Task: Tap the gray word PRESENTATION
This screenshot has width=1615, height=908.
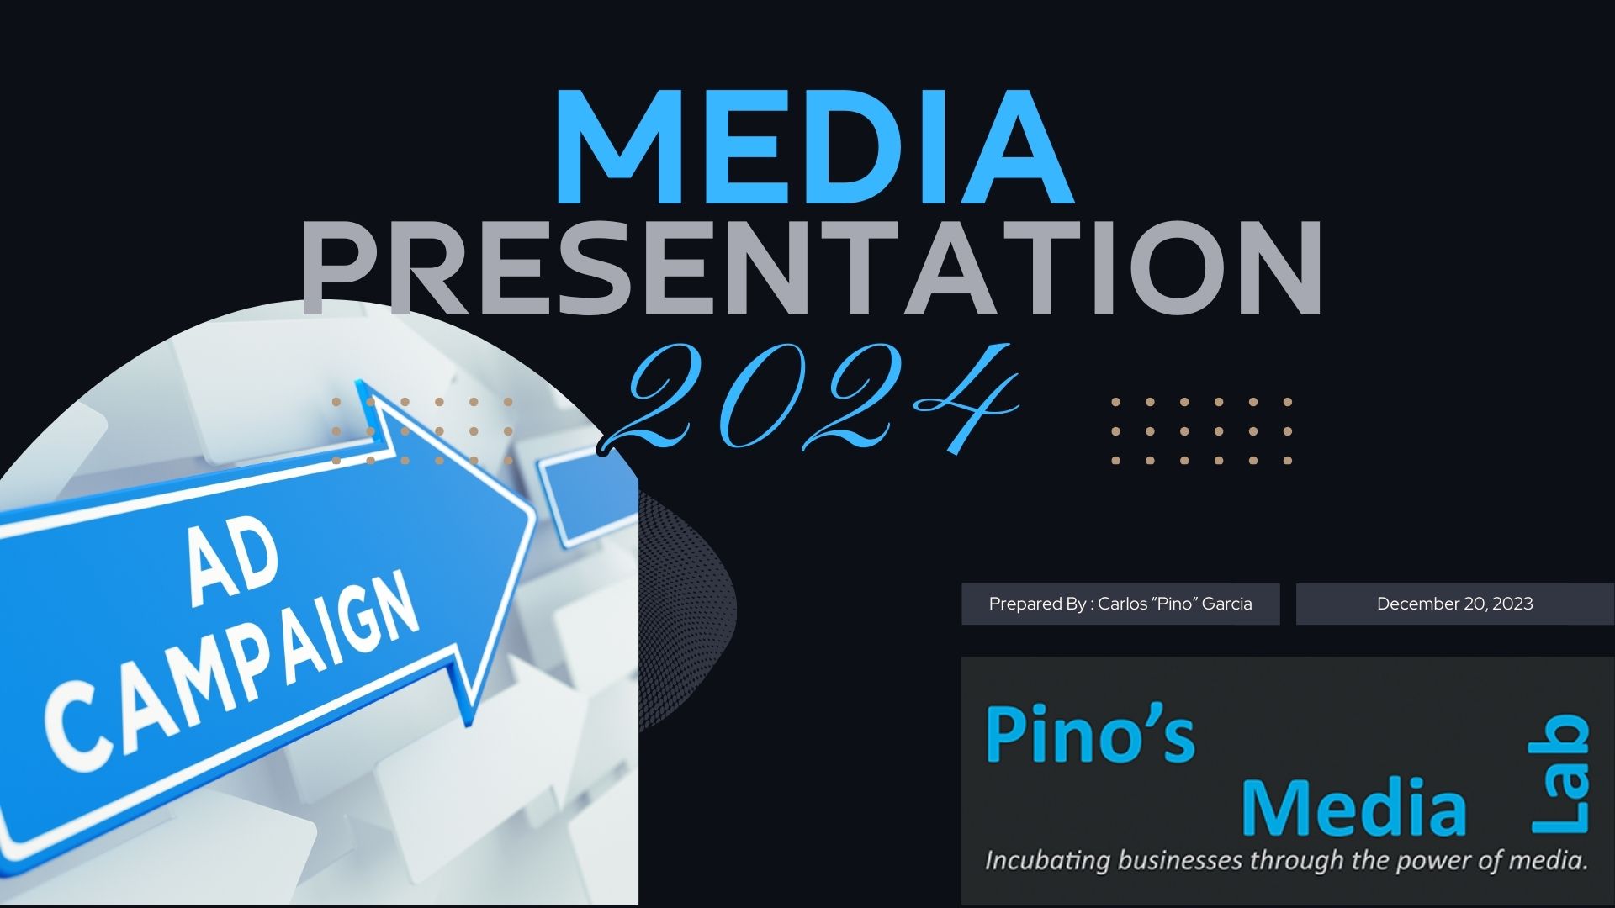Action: pos(812,267)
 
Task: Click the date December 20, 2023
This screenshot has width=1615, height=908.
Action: pos(1454,604)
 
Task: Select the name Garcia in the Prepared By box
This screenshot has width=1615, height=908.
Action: pos(1227,604)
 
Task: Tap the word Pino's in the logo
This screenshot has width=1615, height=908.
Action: pos(1089,734)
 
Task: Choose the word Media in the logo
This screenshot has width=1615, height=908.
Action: pos(1353,807)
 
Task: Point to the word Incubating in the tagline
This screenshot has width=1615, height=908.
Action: pos(1040,862)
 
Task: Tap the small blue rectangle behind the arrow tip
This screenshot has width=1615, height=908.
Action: pos(585,496)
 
